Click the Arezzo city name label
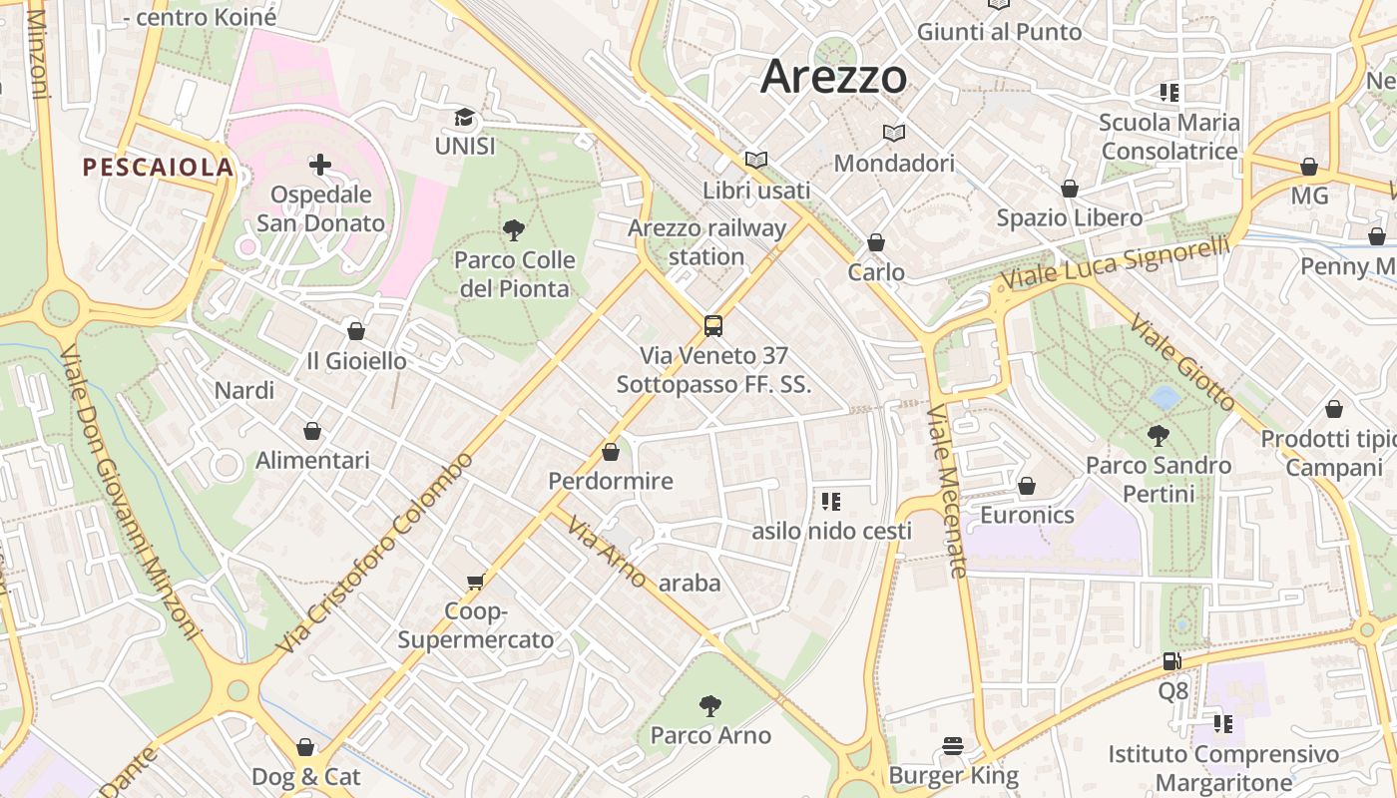click(x=834, y=77)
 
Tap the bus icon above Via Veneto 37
click(x=713, y=325)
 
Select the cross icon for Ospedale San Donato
click(x=320, y=164)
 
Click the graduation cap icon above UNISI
click(x=465, y=118)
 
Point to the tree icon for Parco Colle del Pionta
click(x=514, y=230)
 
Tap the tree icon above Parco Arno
click(x=710, y=706)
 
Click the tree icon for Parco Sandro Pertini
click(x=1159, y=435)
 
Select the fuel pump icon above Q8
click(x=1172, y=661)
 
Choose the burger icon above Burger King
click(x=953, y=746)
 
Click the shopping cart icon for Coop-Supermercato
click(x=476, y=582)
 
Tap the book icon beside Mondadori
click(x=894, y=133)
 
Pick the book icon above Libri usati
click(x=756, y=160)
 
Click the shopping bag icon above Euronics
click(x=1027, y=486)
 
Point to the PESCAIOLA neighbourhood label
click(x=158, y=168)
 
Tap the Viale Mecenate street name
click(x=947, y=491)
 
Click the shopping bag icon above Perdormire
click(x=611, y=452)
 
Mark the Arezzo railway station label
click(x=706, y=242)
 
